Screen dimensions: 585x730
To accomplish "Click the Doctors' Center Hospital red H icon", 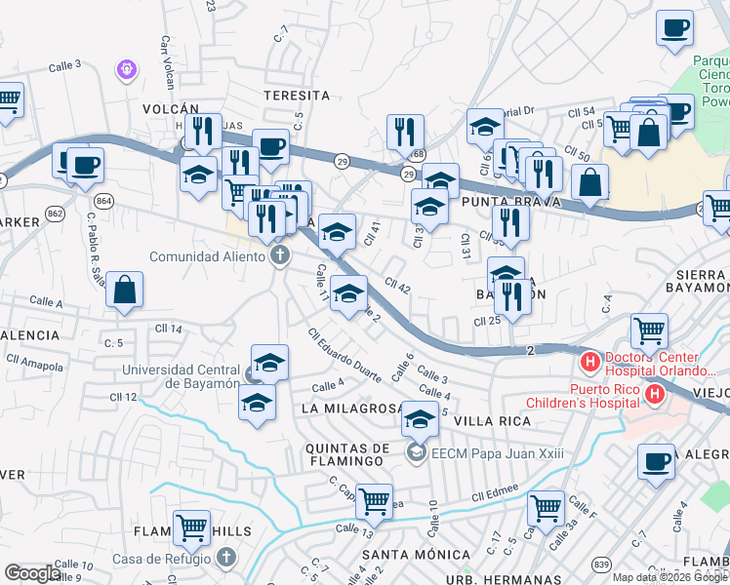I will tap(589, 363).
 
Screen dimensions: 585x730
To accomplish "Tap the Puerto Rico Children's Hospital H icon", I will tap(655, 395).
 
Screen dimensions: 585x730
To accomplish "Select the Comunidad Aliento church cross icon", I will tap(279, 256).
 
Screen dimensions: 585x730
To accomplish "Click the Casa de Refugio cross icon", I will tap(226, 558).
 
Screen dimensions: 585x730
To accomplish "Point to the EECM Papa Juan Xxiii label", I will tap(484, 450).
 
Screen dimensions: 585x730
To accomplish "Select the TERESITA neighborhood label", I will tap(297, 96).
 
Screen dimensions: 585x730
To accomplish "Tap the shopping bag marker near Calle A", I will tap(125, 290).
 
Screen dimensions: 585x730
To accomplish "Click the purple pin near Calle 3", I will tap(125, 69).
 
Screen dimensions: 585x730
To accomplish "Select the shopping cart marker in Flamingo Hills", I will tap(191, 527).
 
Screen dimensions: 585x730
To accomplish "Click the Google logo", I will tap(31, 573).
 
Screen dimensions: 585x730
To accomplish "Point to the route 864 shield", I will tap(104, 201).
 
